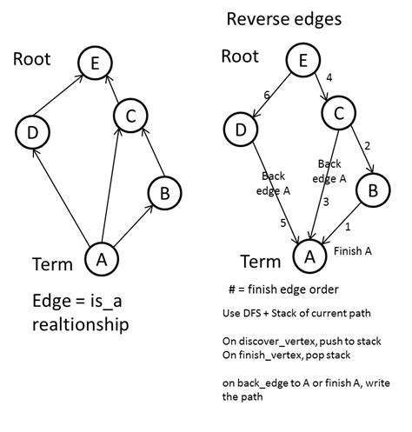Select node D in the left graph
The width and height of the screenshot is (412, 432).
coord(31,131)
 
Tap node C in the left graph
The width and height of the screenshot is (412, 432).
coord(130,115)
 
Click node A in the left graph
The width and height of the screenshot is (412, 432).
coord(102,258)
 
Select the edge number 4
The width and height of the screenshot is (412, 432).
coord(329,77)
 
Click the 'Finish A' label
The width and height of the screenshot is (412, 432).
coord(354,252)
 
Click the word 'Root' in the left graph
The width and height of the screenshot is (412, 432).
coord(33,59)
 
